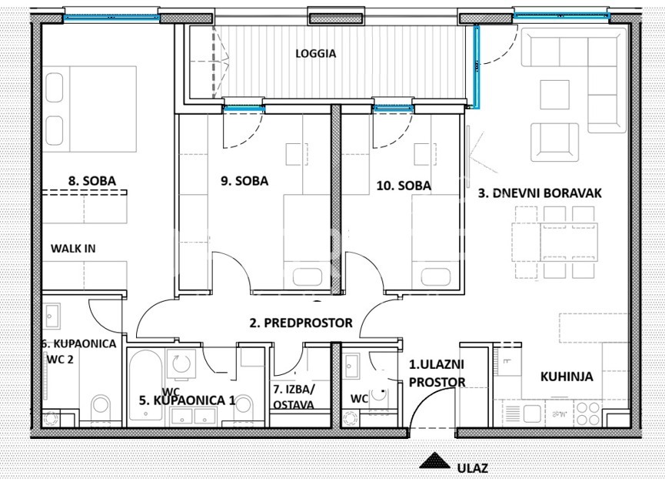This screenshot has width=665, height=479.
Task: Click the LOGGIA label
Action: pyautogui.click(x=315, y=53)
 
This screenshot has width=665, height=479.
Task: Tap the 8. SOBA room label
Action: pyautogui.click(x=92, y=181)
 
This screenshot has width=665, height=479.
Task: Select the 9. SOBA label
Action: pyautogui.click(x=244, y=181)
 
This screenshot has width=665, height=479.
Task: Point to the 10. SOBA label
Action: pyautogui.click(x=404, y=186)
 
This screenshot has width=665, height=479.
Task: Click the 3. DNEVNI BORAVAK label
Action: pyautogui.click(x=540, y=193)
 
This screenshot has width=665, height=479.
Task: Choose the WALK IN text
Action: pyautogui.click(x=73, y=249)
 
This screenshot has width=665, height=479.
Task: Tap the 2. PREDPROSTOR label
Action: pyautogui.click(x=301, y=323)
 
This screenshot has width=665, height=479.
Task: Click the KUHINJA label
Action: pyautogui.click(x=567, y=377)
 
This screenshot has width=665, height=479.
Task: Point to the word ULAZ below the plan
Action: pyautogui.click(x=473, y=468)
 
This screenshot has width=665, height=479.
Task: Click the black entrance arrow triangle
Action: pyautogui.click(x=434, y=461)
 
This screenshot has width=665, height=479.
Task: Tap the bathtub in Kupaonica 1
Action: pyautogui.click(x=145, y=385)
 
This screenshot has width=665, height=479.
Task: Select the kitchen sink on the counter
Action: pyautogui.click(x=532, y=414)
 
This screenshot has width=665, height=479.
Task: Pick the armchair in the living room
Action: pyautogui.click(x=555, y=142)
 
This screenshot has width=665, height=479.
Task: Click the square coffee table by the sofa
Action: pyautogui.click(x=555, y=94)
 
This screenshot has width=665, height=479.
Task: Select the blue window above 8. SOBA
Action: pyautogui.click(x=111, y=18)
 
